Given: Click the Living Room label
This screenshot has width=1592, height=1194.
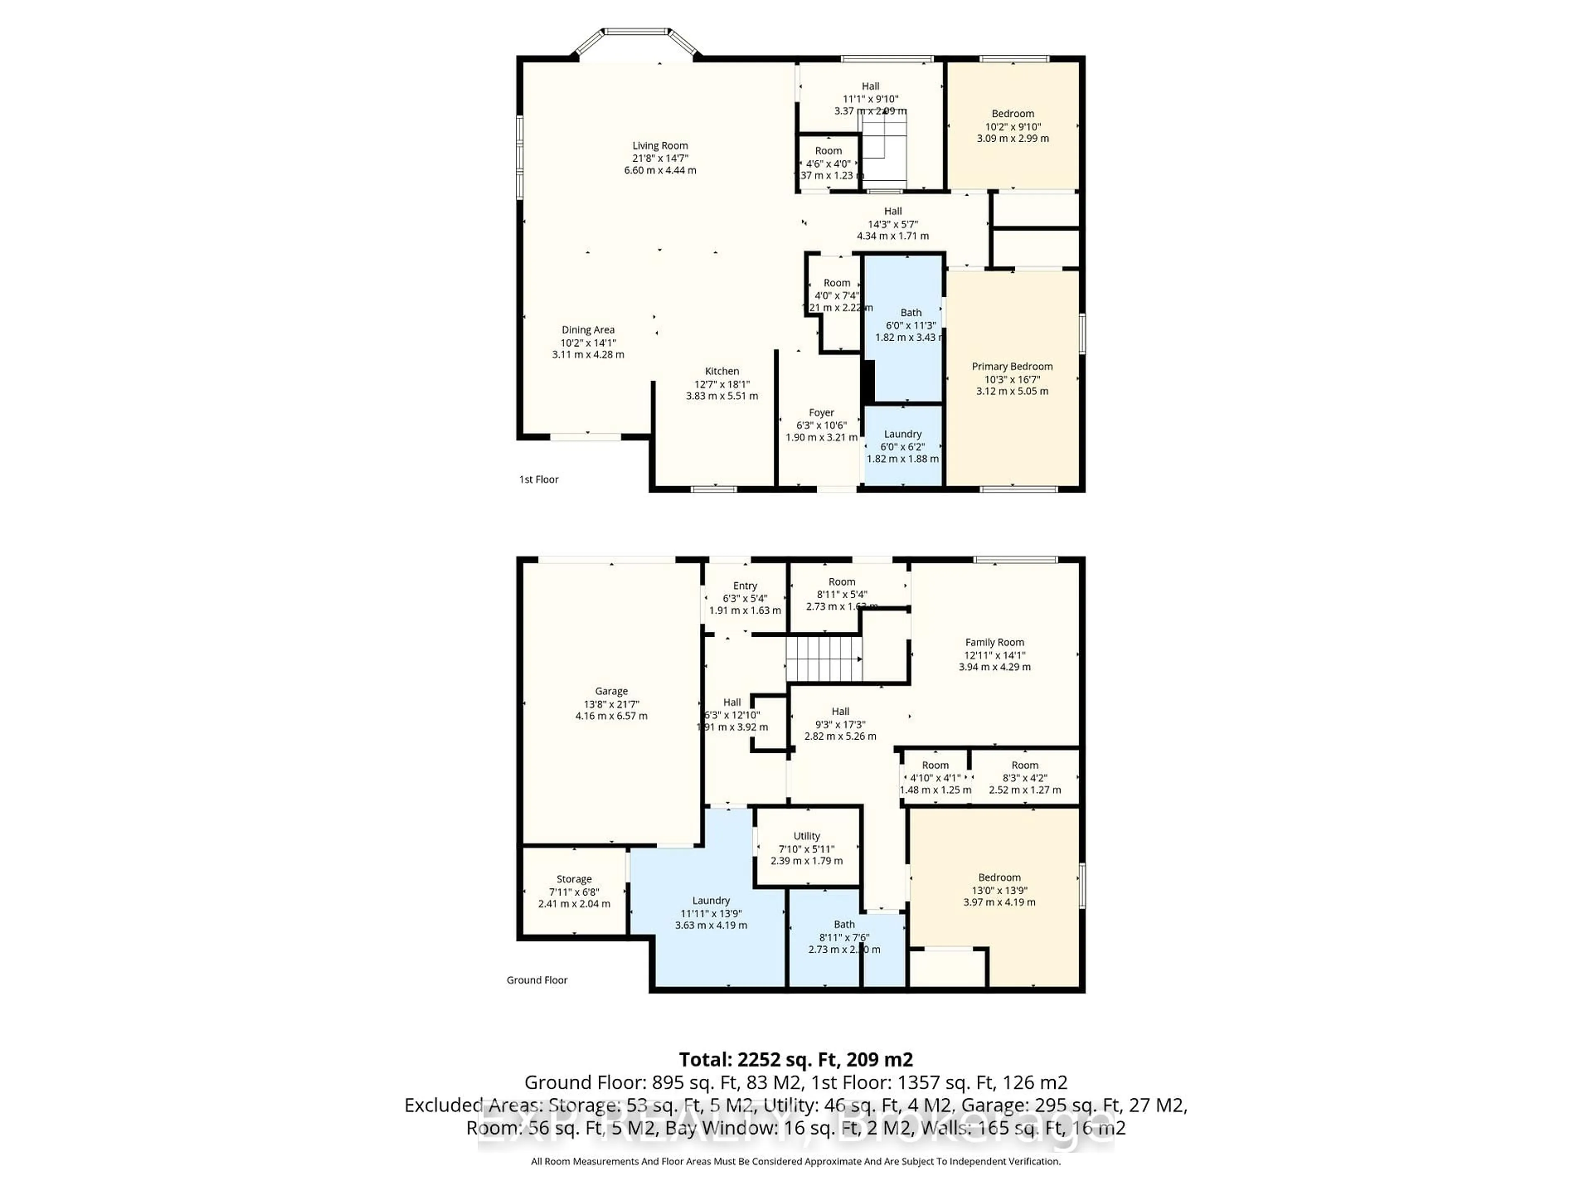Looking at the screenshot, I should pos(660,146).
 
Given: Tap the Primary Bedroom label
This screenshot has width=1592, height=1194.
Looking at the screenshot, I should pos(1012,366).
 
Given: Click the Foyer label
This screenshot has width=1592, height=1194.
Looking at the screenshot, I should pos(821,413).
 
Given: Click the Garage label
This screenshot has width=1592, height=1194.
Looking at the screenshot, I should pos(611,691).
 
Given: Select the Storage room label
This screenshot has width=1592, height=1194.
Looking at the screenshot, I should pos(574,879).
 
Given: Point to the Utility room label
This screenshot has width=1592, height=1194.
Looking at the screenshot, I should pos(807,835).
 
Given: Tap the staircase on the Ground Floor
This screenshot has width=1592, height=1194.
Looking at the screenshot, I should pos(823,658).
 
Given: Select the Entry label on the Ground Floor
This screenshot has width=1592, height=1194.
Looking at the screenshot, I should pos(745,586).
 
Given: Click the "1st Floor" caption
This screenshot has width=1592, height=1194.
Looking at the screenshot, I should pos(539,479).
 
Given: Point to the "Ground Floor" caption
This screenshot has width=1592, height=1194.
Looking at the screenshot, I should pos(537,980).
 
